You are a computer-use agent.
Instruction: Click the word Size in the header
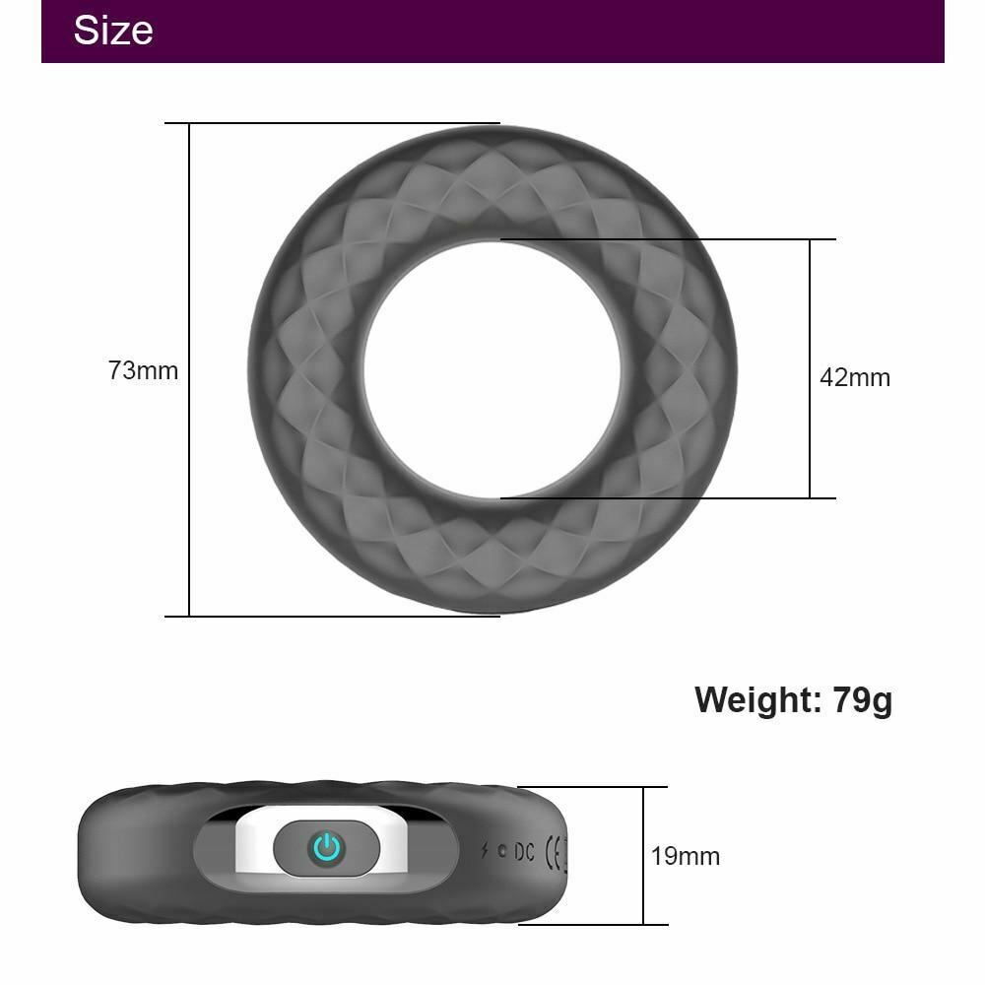coord(113,31)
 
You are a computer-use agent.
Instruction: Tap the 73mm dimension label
coord(144,371)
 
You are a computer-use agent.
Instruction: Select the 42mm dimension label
coord(855,377)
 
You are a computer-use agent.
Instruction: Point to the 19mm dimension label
coord(686,856)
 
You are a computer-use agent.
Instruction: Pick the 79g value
coord(863,699)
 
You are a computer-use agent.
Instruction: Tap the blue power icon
coord(326,847)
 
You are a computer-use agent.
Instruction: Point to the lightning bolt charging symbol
coord(485,850)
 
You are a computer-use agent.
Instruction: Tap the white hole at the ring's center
coord(492,369)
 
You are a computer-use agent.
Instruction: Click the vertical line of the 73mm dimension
coord(189,492)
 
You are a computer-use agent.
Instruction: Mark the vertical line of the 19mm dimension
coord(643,808)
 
